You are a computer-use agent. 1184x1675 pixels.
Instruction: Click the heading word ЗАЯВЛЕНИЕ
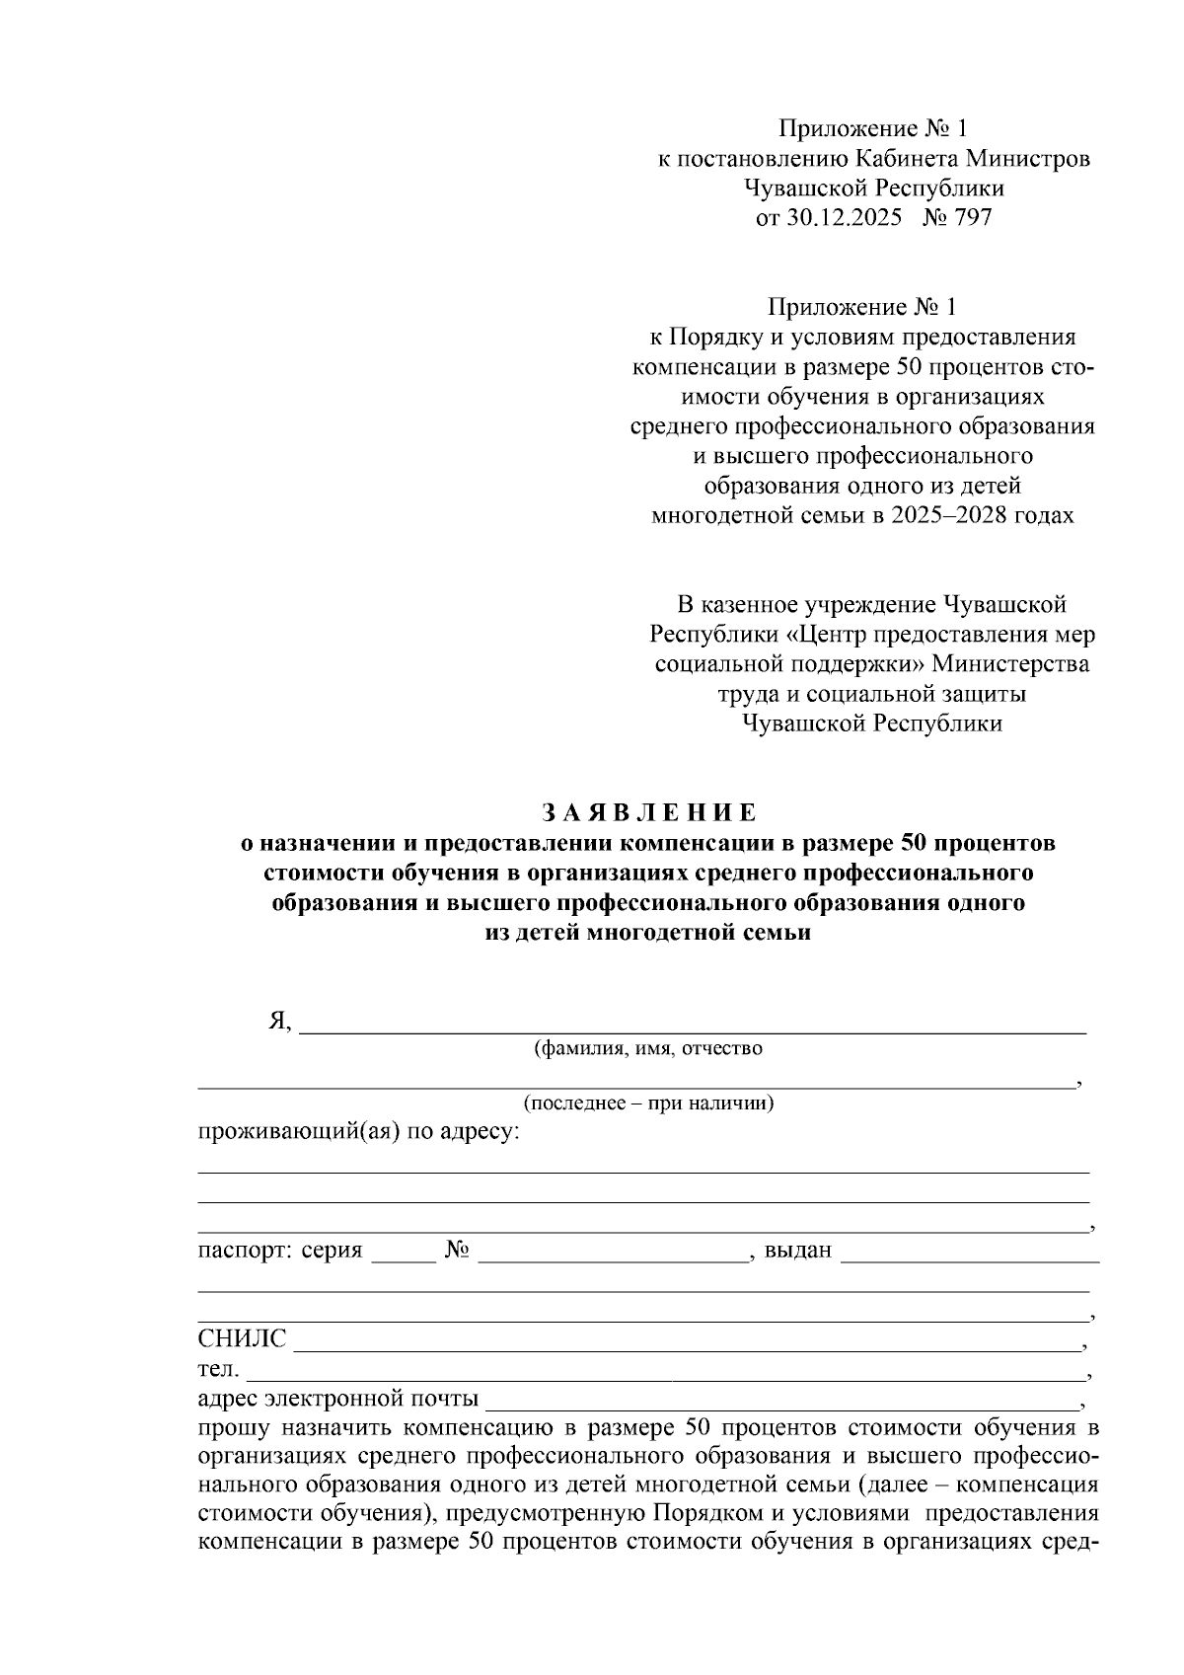coord(649,813)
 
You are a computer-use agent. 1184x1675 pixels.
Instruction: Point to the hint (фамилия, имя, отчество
coord(647,1048)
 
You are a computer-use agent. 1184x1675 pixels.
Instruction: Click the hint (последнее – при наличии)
coord(648,1103)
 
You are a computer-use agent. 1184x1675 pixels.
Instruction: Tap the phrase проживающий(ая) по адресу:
coord(358,1132)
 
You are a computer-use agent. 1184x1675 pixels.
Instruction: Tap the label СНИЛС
coord(242,1339)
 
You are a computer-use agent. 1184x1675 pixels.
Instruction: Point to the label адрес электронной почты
coord(338,1399)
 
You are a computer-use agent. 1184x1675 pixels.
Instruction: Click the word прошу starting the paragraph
coord(234,1428)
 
